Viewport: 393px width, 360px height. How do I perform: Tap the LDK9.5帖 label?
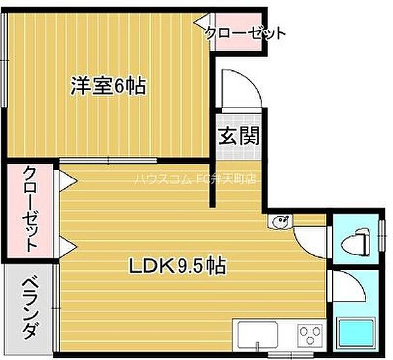[x=178, y=266]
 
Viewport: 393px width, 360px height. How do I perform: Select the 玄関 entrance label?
[x=238, y=136]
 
